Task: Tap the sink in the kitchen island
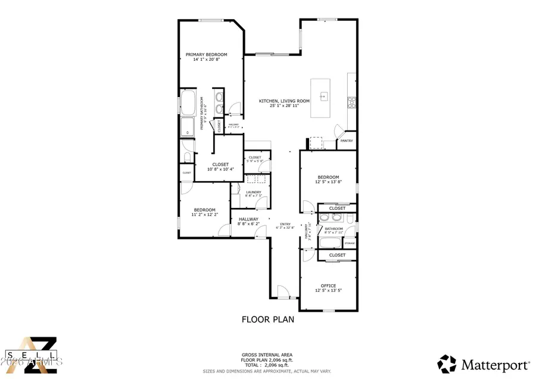324,96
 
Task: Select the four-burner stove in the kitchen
351,101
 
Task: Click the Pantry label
347,141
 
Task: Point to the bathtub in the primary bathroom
189,103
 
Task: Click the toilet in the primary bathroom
186,157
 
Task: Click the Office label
328,285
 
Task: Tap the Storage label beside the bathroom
350,243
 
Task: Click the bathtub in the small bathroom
331,243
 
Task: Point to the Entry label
285,225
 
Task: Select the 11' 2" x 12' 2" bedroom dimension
205,215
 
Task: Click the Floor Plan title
267,319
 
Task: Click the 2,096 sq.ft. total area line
267,365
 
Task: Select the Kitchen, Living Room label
284,101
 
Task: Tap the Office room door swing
308,255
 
